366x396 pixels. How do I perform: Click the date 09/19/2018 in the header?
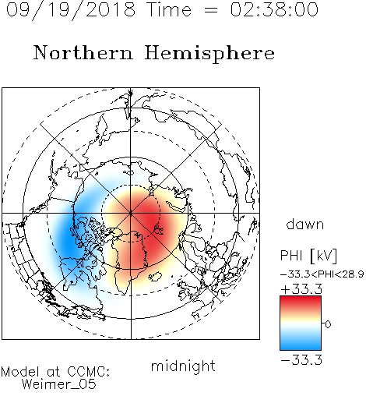pyautogui.click(x=71, y=10)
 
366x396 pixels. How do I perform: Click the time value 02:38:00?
pyautogui.click(x=274, y=10)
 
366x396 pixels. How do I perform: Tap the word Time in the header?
pyautogui.click(x=169, y=10)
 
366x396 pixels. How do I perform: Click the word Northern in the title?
pyautogui.click(x=83, y=53)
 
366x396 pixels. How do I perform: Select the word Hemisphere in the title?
pyautogui.click(x=209, y=54)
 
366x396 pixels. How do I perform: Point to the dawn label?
pyautogui.click(x=305, y=224)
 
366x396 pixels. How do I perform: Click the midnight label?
pyautogui.click(x=183, y=366)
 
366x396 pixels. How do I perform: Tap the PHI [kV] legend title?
pyautogui.click(x=308, y=256)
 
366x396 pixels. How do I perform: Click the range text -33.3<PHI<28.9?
pyautogui.click(x=322, y=274)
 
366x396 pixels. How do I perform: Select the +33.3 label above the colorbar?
pyautogui.click(x=301, y=289)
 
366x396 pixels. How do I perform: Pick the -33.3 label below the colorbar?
pyautogui.click(x=301, y=360)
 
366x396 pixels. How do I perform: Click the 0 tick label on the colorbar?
pyautogui.click(x=328, y=324)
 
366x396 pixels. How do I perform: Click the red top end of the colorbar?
pyautogui.click(x=301, y=299)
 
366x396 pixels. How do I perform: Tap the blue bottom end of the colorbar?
pyautogui.click(x=301, y=348)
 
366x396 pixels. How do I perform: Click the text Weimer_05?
pyautogui.click(x=59, y=384)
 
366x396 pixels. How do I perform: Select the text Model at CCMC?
pyautogui.click(x=55, y=372)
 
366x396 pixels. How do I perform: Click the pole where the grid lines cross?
pyautogui.click(x=131, y=213)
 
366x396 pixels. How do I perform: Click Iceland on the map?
pyautogui.click(x=155, y=277)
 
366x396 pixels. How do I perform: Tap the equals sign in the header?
pyautogui.click(x=211, y=11)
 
